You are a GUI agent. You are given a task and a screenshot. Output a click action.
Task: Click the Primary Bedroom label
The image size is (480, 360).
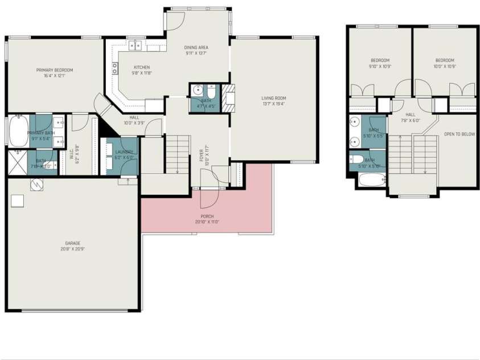(x=55, y=70)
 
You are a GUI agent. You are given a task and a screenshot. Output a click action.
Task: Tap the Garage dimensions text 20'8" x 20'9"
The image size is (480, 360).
(x=72, y=249)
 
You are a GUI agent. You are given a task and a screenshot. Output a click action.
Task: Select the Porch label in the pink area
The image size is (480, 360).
(x=207, y=216)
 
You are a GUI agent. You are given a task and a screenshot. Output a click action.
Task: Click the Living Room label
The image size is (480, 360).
(x=273, y=97)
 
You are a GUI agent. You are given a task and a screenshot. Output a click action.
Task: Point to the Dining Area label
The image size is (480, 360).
(x=195, y=47)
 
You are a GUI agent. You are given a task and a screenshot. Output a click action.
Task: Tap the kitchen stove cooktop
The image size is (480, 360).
(x=115, y=68)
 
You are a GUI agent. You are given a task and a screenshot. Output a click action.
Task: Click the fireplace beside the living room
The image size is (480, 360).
(x=228, y=97)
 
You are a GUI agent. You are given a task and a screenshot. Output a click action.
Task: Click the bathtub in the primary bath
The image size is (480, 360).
(x=17, y=131)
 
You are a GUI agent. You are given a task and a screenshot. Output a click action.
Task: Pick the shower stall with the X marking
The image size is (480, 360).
(x=17, y=162)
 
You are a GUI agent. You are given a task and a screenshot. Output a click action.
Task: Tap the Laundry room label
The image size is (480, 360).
(x=124, y=152)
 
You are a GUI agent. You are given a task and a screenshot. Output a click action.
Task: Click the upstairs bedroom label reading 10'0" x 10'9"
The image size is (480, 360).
(x=445, y=60)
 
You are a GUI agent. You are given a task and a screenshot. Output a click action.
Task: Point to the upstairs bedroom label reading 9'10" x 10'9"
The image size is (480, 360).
(x=380, y=60)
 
